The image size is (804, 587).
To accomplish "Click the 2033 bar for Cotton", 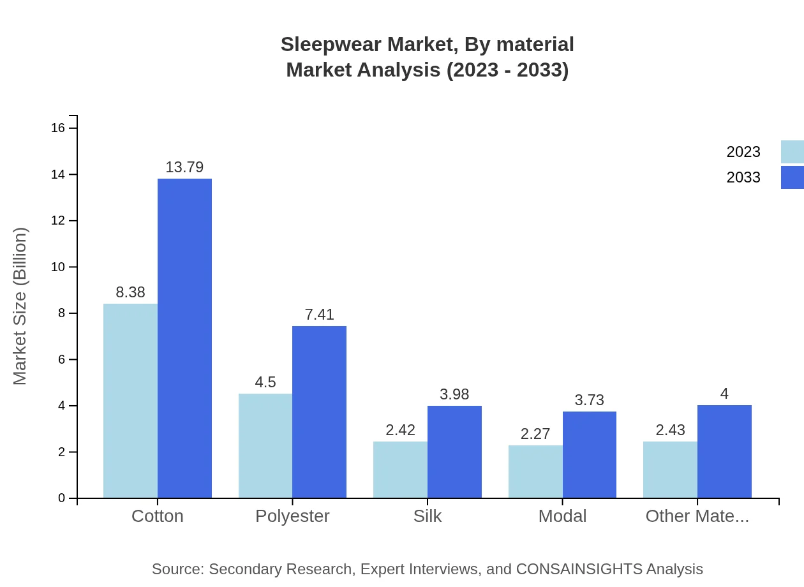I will [184, 338].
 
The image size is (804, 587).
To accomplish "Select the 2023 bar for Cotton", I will [130, 401].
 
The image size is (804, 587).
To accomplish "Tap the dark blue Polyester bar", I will [319, 412].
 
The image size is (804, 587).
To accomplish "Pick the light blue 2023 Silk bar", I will [400, 470].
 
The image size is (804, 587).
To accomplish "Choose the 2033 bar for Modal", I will [590, 454].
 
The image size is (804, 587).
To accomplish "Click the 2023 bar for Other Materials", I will [670, 470].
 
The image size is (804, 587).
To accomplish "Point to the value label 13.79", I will [184, 167].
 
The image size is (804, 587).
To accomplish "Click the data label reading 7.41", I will [319, 315].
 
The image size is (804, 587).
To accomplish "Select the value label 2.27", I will [535, 434].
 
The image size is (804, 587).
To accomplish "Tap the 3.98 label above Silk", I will [454, 394].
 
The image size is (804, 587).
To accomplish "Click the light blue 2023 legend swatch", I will [792, 152].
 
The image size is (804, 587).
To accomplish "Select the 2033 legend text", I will [743, 177].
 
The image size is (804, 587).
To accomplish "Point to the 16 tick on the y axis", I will [58, 128].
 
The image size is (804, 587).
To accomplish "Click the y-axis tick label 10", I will [58, 267].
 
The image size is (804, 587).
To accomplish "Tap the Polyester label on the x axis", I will [292, 516].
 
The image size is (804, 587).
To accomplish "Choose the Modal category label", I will [562, 516].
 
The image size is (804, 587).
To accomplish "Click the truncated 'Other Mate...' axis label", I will [697, 516].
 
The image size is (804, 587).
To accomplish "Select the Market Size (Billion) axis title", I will [20, 306].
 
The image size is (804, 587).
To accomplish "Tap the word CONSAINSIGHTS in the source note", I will [579, 569].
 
